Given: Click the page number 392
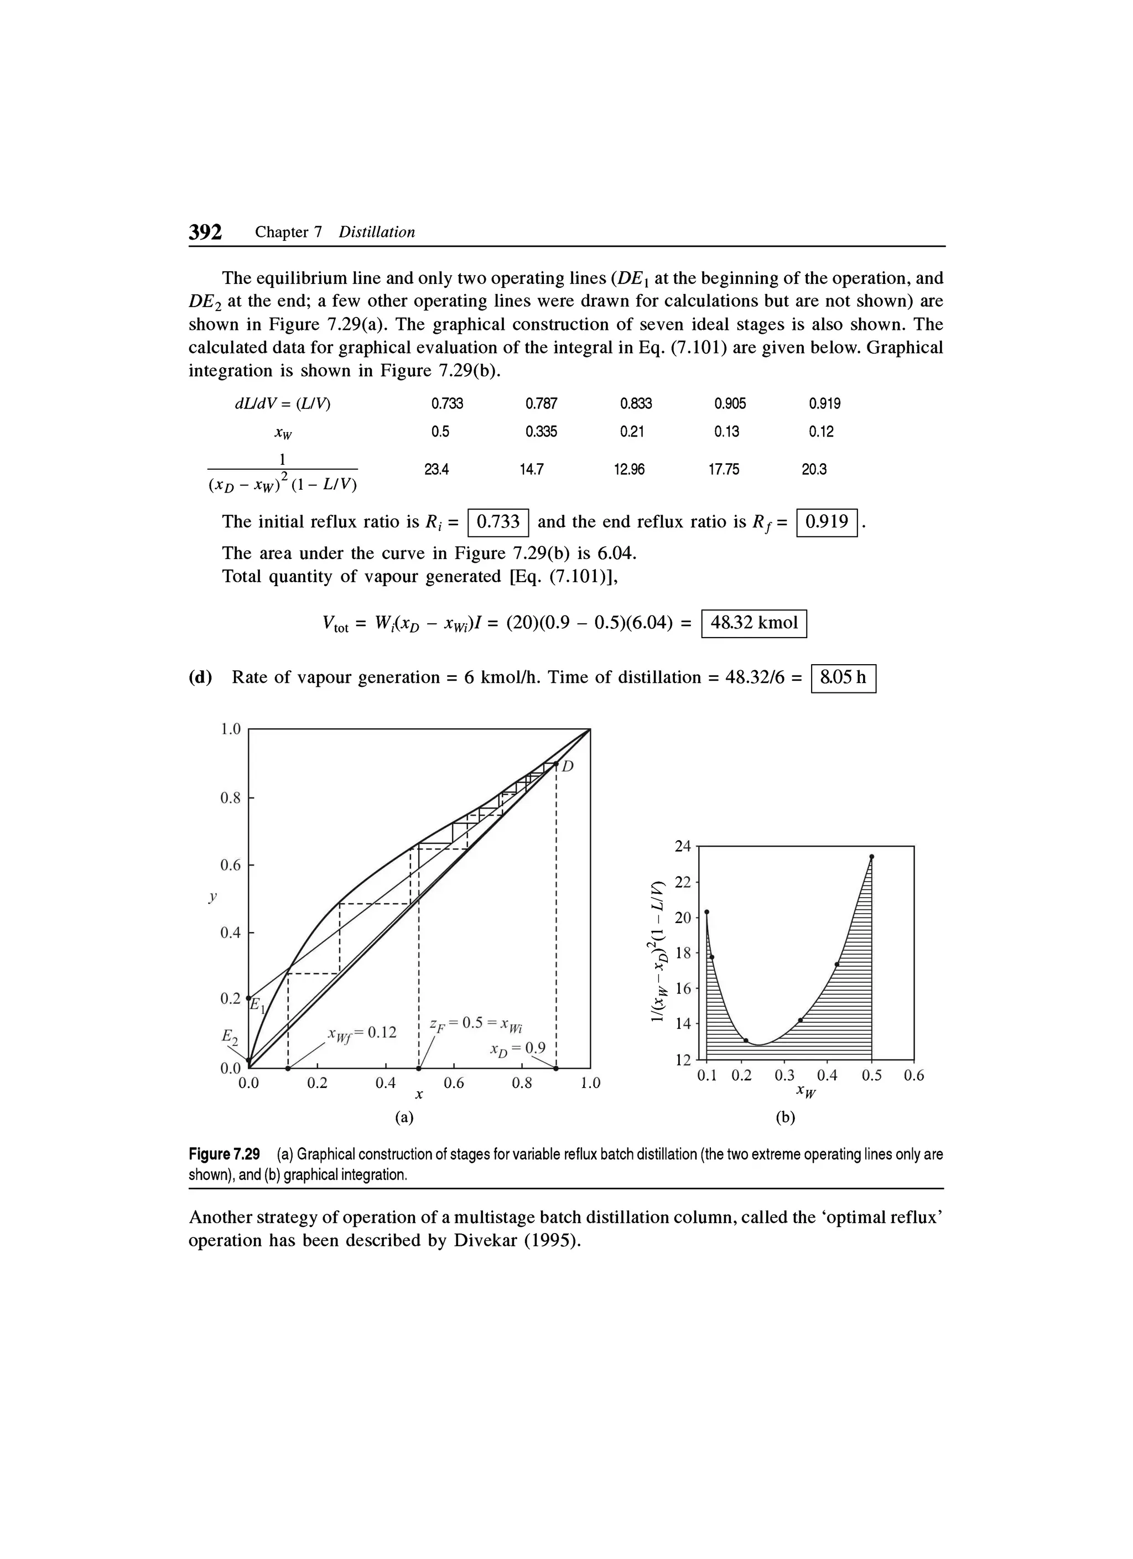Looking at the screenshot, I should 205,232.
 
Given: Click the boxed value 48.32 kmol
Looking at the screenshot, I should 753,624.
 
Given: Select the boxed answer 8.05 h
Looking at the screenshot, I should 843,678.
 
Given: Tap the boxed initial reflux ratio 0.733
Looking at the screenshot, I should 497,522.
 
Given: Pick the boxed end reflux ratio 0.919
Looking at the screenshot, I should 827,522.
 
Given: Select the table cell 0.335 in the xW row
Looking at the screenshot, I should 540,432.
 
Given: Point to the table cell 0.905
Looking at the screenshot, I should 730,403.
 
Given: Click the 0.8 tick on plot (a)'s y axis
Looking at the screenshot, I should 230,798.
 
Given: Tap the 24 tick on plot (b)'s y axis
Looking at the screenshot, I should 682,847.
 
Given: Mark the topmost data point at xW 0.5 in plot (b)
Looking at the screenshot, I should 871,857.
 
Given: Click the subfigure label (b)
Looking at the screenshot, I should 786,1118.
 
